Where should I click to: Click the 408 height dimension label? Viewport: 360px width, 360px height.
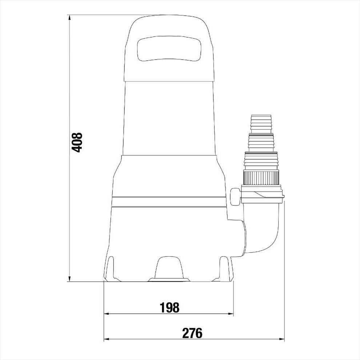(x=77, y=142)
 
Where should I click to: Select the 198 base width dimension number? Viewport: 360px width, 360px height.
(x=169, y=307)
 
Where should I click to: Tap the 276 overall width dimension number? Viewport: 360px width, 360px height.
(x=192, y=333)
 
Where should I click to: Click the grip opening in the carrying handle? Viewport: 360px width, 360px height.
(x=169, y=48)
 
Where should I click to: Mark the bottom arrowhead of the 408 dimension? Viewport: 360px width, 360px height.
(x=69, y=279)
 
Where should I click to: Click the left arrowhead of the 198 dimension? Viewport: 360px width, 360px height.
(x=107, y=313)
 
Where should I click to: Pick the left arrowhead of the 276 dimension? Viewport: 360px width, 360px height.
(x=107, y=339)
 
